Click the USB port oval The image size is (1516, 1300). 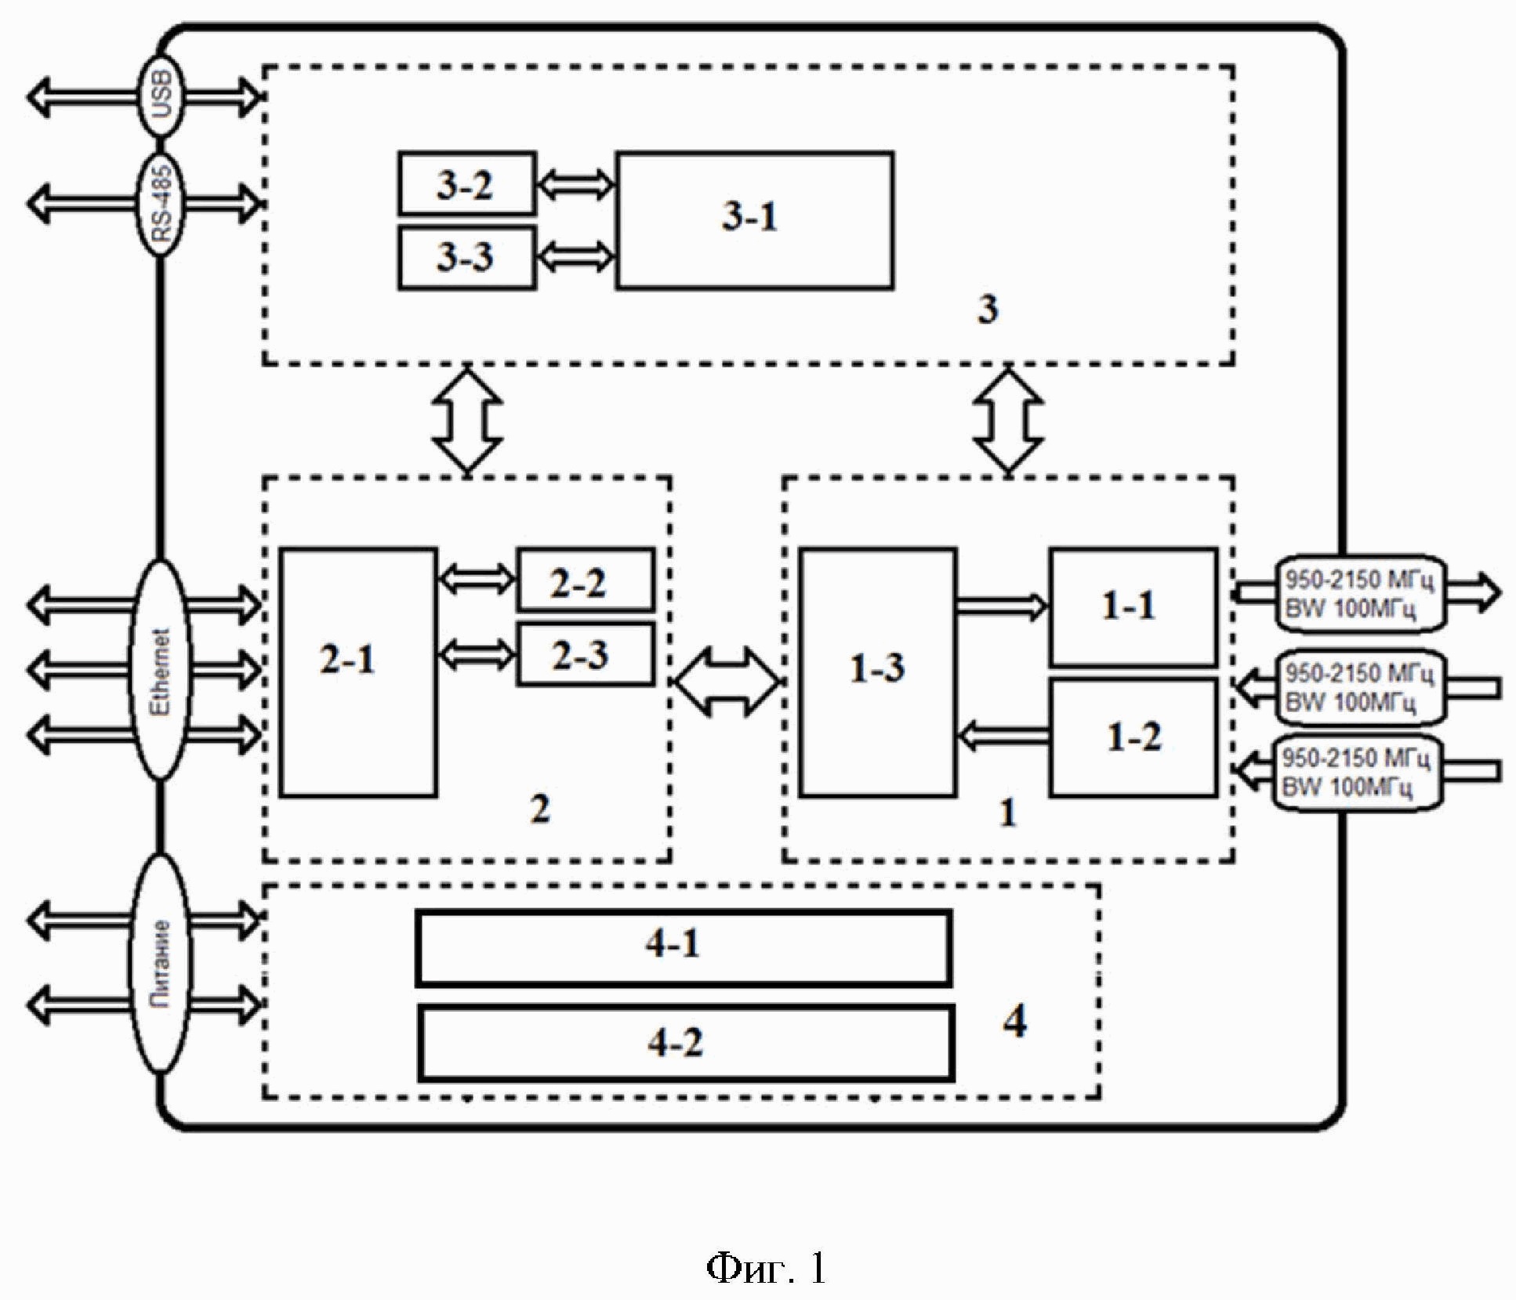tap(160, 96)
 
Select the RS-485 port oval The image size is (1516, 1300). tap(160, 204)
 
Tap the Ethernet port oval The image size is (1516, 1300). tap(160, 670)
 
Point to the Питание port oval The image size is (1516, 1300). tap(160, 963)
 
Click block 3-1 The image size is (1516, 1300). tap(754, 220)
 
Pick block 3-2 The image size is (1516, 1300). tap(466, 184)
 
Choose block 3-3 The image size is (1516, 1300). tap(466, 257)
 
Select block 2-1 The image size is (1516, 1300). tap(358, 672)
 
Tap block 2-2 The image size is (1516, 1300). tap(585, 581)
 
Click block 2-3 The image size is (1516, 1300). tap(585, 654)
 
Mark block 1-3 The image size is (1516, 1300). tap(877, 672)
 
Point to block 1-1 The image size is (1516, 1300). tap(1133, 607)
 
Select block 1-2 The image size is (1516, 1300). tap(1133, 737)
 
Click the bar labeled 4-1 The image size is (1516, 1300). tap(684, 947)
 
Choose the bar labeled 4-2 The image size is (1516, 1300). tap(685, 1044)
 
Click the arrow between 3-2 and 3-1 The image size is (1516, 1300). tap(576, 185)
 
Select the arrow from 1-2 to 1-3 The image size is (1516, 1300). tap(1003, 735)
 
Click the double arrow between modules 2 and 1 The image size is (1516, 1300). tap(727, 682)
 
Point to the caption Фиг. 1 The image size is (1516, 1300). tap(765, 1267)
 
